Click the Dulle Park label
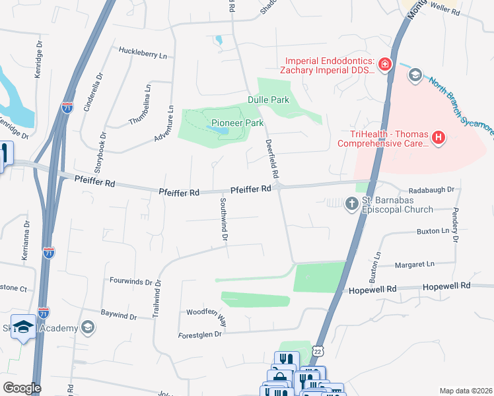coord(269,100)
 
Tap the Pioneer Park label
coord(237,123)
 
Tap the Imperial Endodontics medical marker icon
coord(384,65)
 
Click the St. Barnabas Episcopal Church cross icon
coord(351,205)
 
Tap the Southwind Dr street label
coord(224,218)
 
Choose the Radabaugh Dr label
coord(432,189)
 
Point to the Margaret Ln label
coord(415,264)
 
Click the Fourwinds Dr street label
coord(131,280)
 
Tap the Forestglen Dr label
coord(201,335)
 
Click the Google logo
coord(22,388)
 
